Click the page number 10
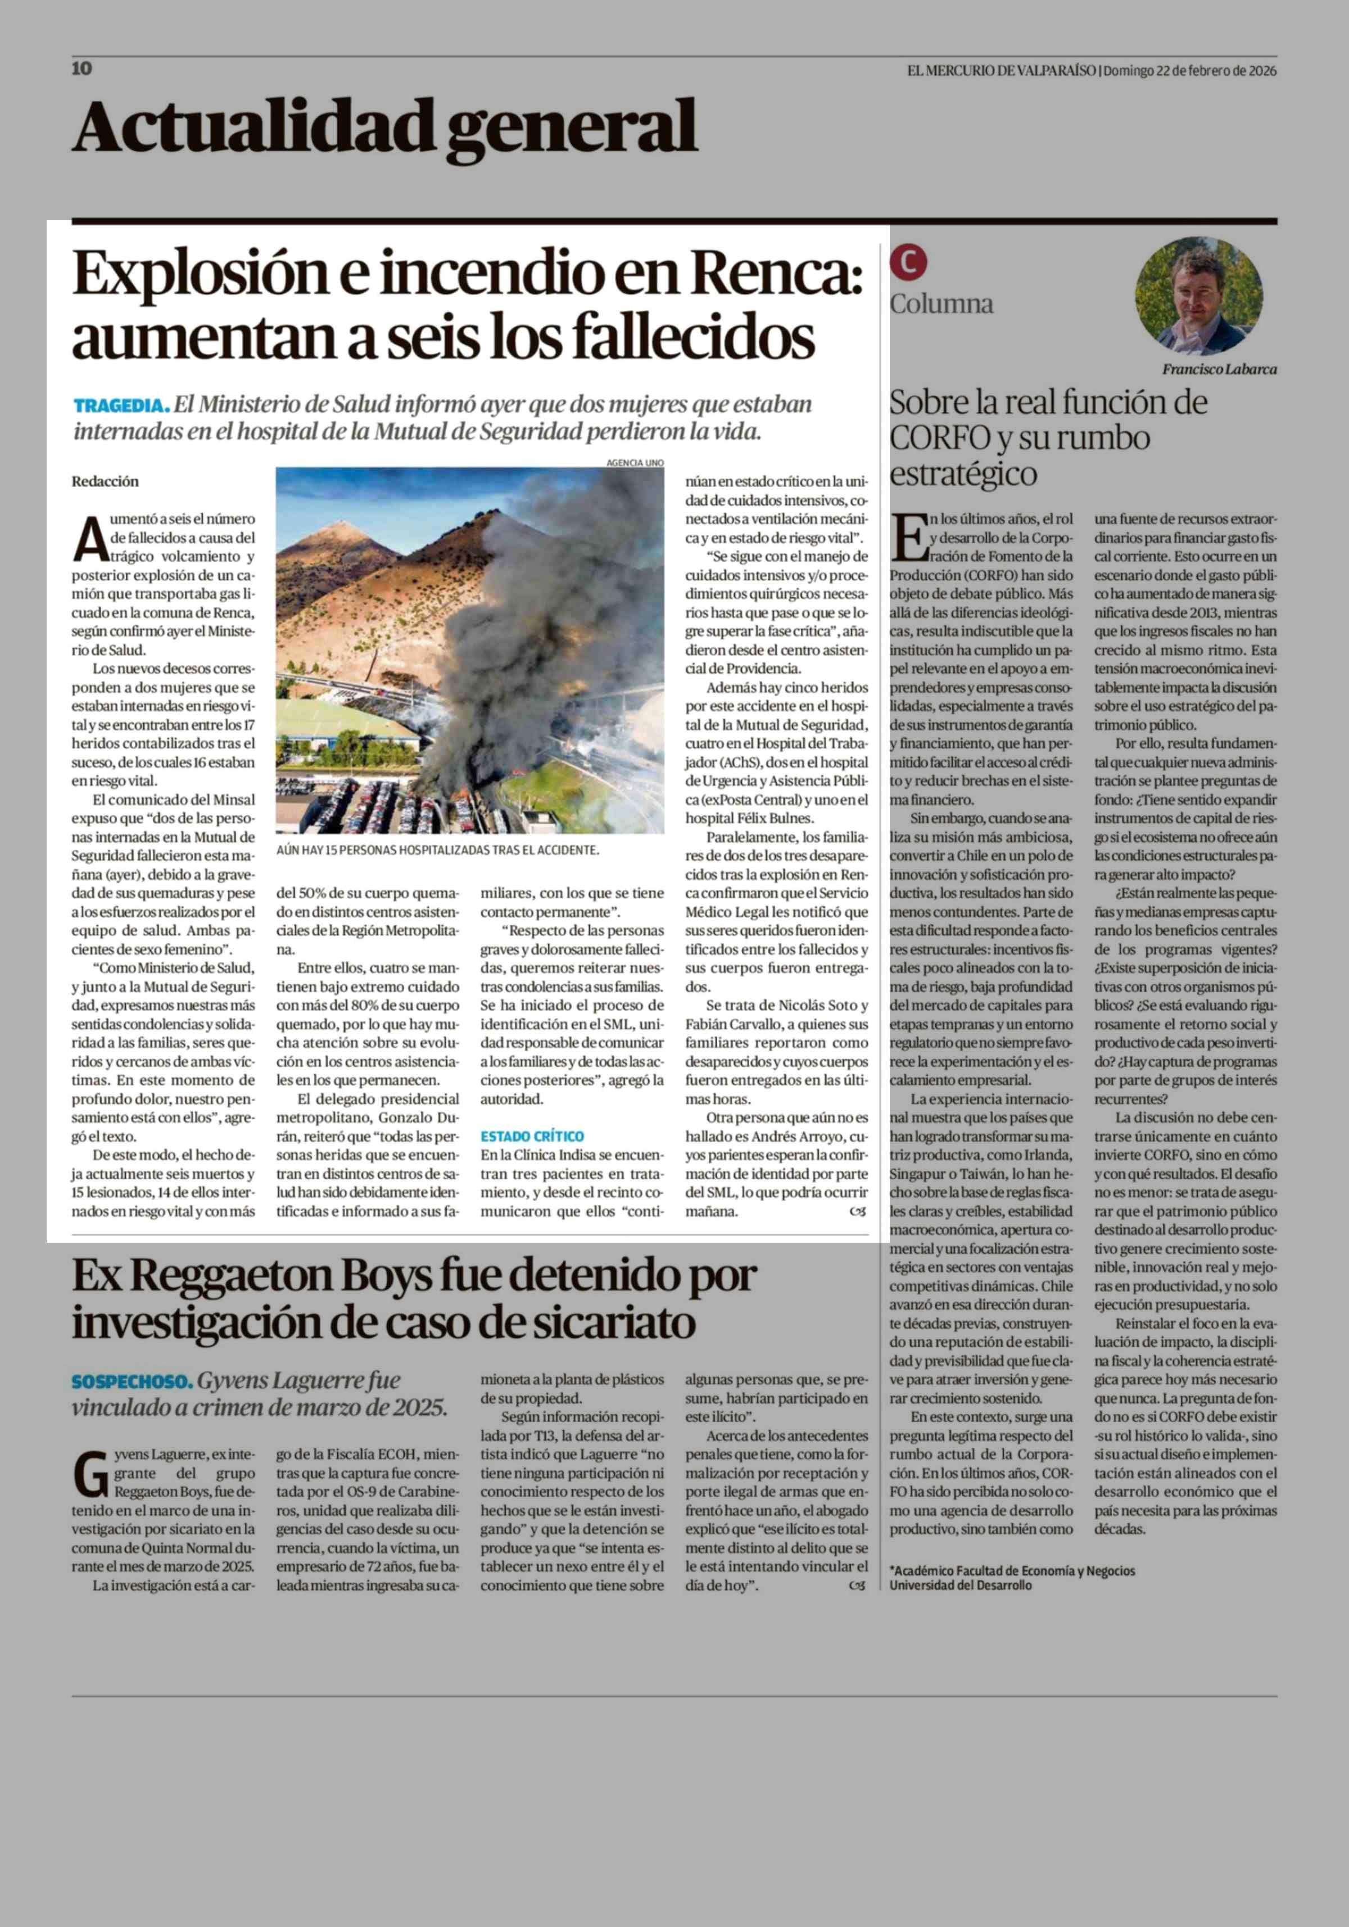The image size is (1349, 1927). pyautogui.click(x=82, y=69)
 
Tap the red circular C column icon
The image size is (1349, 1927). pyautogui.click(x=909, y=262)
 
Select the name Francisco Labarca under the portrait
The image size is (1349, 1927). pyautogui.click(x=1219, y=369)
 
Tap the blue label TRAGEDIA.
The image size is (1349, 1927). pyautogui.click(x=121, y=406)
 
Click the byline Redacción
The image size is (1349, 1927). pyautogui.click(x=105, y=482)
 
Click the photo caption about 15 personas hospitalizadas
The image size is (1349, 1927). pyautogui.click(x=437, y=850)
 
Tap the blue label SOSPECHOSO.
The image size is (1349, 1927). pyautogui.click(x=132, y=1380)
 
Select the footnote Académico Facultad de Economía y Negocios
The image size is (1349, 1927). pyautogui.click(x=1014, y=1570)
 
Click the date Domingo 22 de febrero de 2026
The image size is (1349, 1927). pyautogui.click(x=1189, y=70)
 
